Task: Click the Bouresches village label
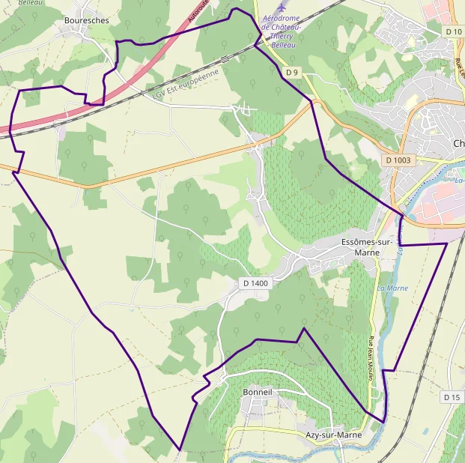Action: (86, 21)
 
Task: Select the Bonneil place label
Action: (258, 392)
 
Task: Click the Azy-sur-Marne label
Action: (334, 435)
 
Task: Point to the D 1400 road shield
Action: (255, 283)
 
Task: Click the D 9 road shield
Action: (292, 73)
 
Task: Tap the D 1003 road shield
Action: (398, 160)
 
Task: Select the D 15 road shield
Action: (451, 397)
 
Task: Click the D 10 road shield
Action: (454, 31)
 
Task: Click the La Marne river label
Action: (392, 288)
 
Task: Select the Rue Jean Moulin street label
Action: (370, 359)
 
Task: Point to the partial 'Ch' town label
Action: (458, 144)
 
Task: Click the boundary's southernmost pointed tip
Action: (180, 450)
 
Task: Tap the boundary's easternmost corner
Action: (446, 243)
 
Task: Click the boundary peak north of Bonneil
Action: (303, 328)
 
